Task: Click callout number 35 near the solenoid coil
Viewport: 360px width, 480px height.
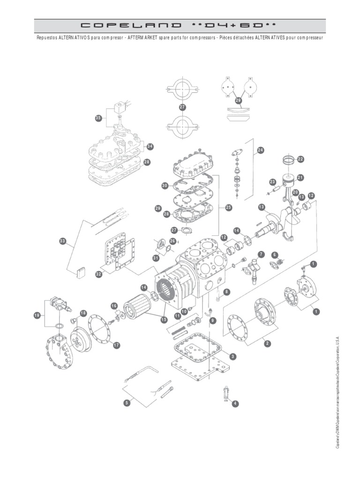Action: tap(98, 118)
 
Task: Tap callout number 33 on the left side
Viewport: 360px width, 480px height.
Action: tap(63, 241)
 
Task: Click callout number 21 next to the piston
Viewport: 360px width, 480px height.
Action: tap(300, 177)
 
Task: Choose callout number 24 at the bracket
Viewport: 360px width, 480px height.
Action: tap(261, 150)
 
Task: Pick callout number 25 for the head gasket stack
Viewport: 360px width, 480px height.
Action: tap(228, 207)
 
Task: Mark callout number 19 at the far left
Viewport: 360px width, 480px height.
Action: tap(37, 315)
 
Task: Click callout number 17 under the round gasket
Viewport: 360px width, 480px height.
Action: tap(116, 345)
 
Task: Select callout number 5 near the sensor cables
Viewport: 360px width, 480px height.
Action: tap(127, 403)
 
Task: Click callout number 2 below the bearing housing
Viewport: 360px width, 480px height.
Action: tap(267, 344)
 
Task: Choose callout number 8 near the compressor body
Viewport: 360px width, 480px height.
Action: tap(227, 292)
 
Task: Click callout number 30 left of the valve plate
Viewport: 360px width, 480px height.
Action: tap(165, 186)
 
